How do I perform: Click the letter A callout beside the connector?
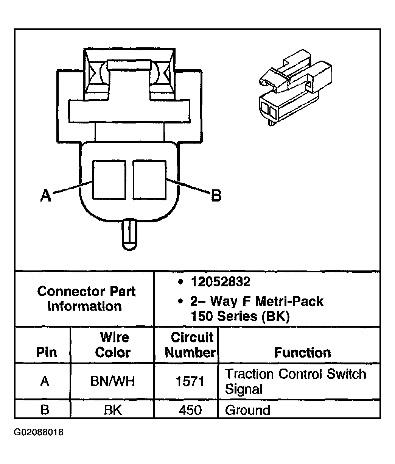(45, 196)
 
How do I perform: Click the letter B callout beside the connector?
(216, 196)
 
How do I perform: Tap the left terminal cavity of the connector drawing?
(110, 180)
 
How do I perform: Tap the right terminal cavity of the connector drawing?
(149, 180)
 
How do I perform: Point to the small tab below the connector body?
(129, 234)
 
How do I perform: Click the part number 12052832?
(221, 282)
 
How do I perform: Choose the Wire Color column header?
(113, 345)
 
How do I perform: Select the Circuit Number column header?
(190, 345)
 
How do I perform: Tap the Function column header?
(302, 353)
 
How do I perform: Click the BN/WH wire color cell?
(112, 381)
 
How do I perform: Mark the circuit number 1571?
(190, 381)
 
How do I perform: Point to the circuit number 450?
(190, 410)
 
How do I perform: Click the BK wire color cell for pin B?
(113, 410)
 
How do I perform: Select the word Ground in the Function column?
(247, 410)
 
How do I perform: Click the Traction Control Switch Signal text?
(295, 381)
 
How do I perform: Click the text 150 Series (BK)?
(240, 316)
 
